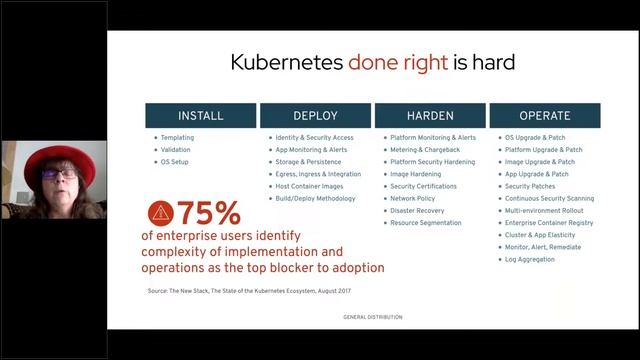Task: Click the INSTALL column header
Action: (200, 115)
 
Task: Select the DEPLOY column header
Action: (314, 115)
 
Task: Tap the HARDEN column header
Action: (430, 115)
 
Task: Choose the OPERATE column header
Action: (546, 115)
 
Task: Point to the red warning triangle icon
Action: (160, 212)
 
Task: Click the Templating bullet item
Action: (178, 137)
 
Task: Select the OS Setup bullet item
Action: (174, 161)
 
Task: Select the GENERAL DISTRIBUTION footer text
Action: (372, 316)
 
